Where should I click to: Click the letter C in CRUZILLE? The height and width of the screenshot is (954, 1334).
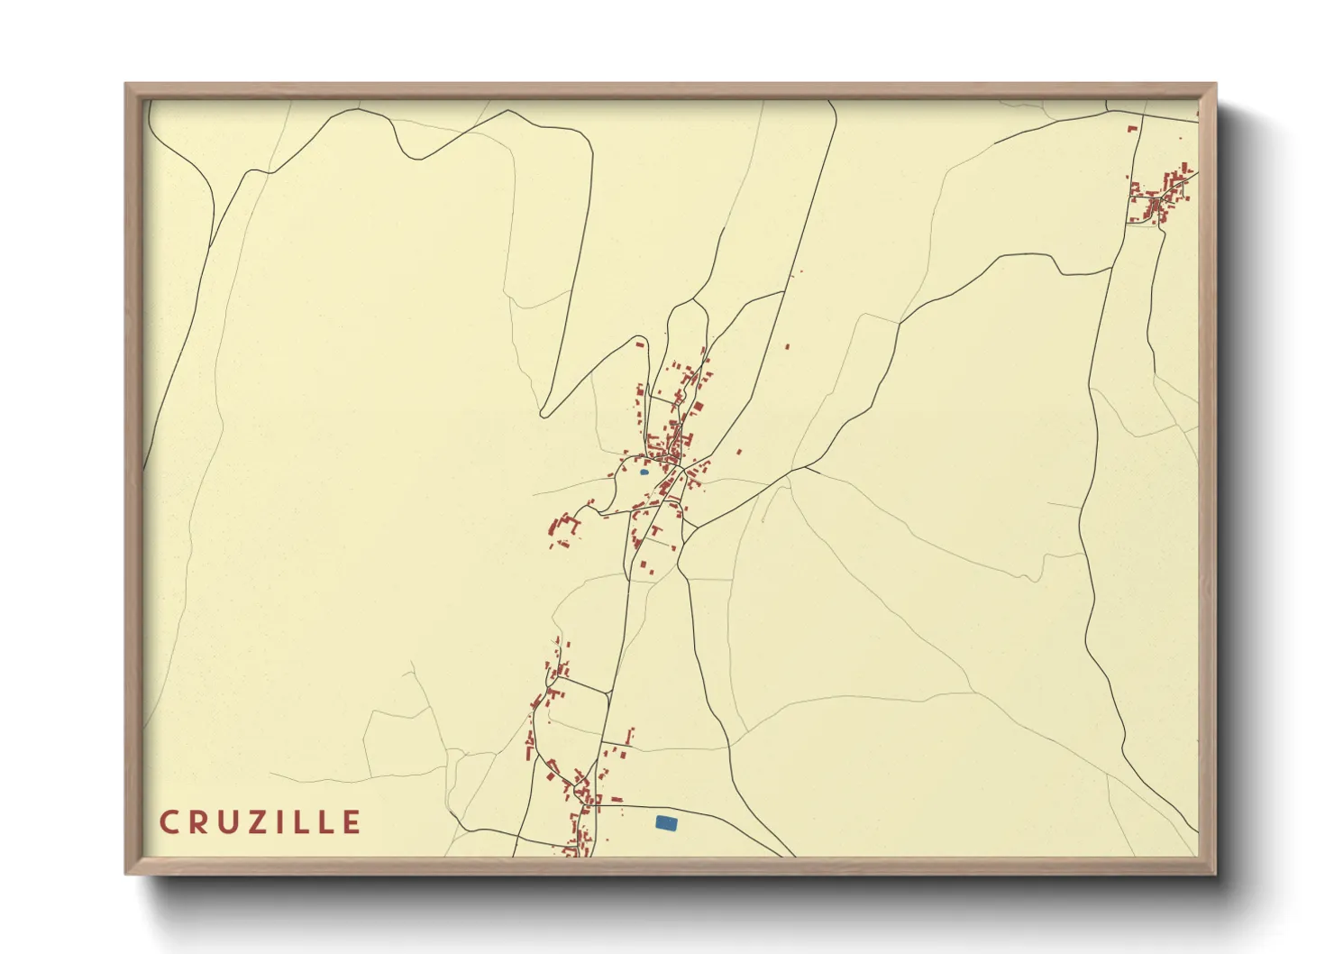pos(169,822)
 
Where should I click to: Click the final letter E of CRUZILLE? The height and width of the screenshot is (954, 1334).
pos(352,822)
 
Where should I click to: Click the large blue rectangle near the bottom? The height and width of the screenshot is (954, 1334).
pos(666,822)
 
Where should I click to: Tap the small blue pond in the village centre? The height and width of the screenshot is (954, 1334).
pos(644,472)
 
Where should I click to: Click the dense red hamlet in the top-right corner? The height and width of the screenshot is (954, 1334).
pos(1160,195)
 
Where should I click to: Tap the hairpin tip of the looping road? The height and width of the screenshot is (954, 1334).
pos(544,414)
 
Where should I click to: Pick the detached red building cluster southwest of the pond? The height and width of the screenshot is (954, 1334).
pos(562,530)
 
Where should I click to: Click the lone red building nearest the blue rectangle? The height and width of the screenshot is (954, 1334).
pos(617,799)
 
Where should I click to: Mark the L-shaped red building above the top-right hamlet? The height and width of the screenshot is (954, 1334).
pos(1133,129)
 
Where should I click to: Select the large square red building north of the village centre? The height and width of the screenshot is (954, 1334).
pos(641,344)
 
